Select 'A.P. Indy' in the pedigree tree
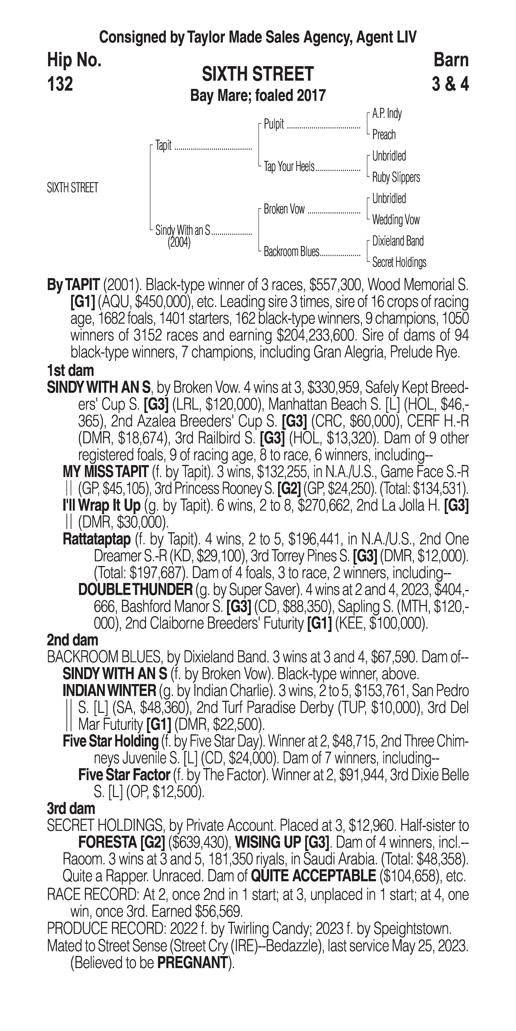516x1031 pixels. click(x=387, y=114)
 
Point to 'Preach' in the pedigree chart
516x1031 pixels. click(x=384, y=135)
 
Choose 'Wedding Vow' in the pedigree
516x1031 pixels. click(x=396, y=220)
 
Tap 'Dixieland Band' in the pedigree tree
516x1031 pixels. click(x=398, y=241)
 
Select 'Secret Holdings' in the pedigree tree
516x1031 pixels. click(x=399, y=263)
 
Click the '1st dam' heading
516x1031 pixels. click(x=70, y=371)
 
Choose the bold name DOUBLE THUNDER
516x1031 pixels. click(x=135, y=590)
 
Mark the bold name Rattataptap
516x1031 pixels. click(x=97, y=539)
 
